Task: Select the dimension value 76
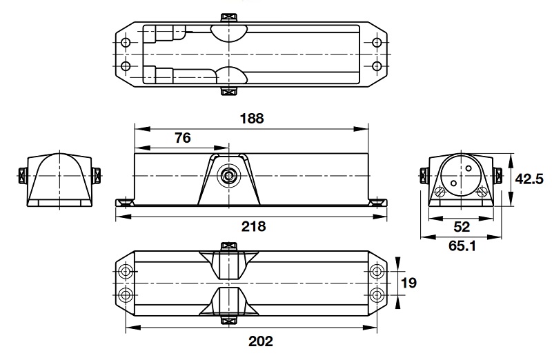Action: pyautogui.click(x=181, y=137)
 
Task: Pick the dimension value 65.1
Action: pyautogui.click(x=463, y=245)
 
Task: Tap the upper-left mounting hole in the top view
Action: pyautogui.click(x=125, y=43)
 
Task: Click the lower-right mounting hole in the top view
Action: pyautogui.click(x=376, y=66)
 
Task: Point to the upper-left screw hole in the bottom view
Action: pyautogui.click(x=125, y=270)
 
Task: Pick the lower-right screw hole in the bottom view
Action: pyautogui.click(x=377, y=294)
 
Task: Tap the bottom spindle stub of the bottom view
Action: pyautogui.click(x=227, y=319)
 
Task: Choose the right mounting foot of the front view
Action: pyautogui.click(x=376, y=201)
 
